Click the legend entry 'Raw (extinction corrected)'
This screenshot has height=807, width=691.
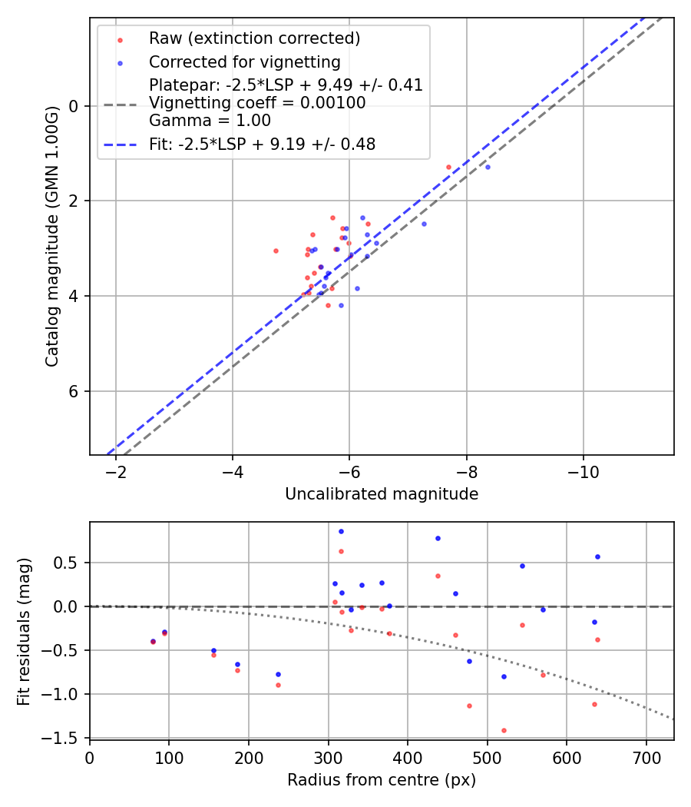[254, 38]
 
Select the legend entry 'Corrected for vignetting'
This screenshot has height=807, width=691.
[244, 61]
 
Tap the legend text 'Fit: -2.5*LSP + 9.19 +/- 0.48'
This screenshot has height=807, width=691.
[262, 144]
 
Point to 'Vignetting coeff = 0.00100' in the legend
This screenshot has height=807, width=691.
[257, 102]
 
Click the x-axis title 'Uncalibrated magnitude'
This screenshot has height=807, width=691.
[382, 494]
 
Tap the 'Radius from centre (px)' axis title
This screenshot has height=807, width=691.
[382, 780]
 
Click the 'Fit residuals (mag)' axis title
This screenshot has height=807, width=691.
[25, 630]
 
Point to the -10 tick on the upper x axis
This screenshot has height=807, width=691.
[583, 471]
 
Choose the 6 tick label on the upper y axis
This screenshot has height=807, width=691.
[74, 391]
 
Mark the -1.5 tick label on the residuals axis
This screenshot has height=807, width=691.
[64, 738]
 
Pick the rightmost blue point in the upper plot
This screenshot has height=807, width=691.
[488, 167]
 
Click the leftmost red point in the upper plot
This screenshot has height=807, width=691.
[276, 251]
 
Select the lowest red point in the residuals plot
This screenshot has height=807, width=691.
[504, 730]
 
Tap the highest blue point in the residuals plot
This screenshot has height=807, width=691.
[341, 531]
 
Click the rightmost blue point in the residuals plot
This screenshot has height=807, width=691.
[597, 556]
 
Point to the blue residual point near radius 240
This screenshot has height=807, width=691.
[278, 674]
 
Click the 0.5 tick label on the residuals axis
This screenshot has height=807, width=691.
[68, 563]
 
